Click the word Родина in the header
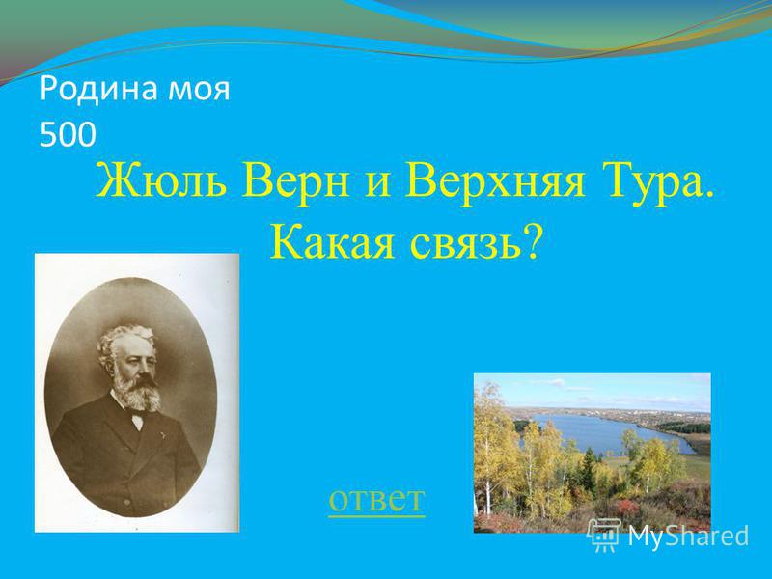(x=99, y=89)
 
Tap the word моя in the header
(x=199, y=92)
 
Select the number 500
(x=68, y=134)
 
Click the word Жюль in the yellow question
(x=163, y=180)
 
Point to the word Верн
(x=296, y=181)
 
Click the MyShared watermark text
(x=688, y=537)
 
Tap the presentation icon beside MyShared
(x=605, y=536)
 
